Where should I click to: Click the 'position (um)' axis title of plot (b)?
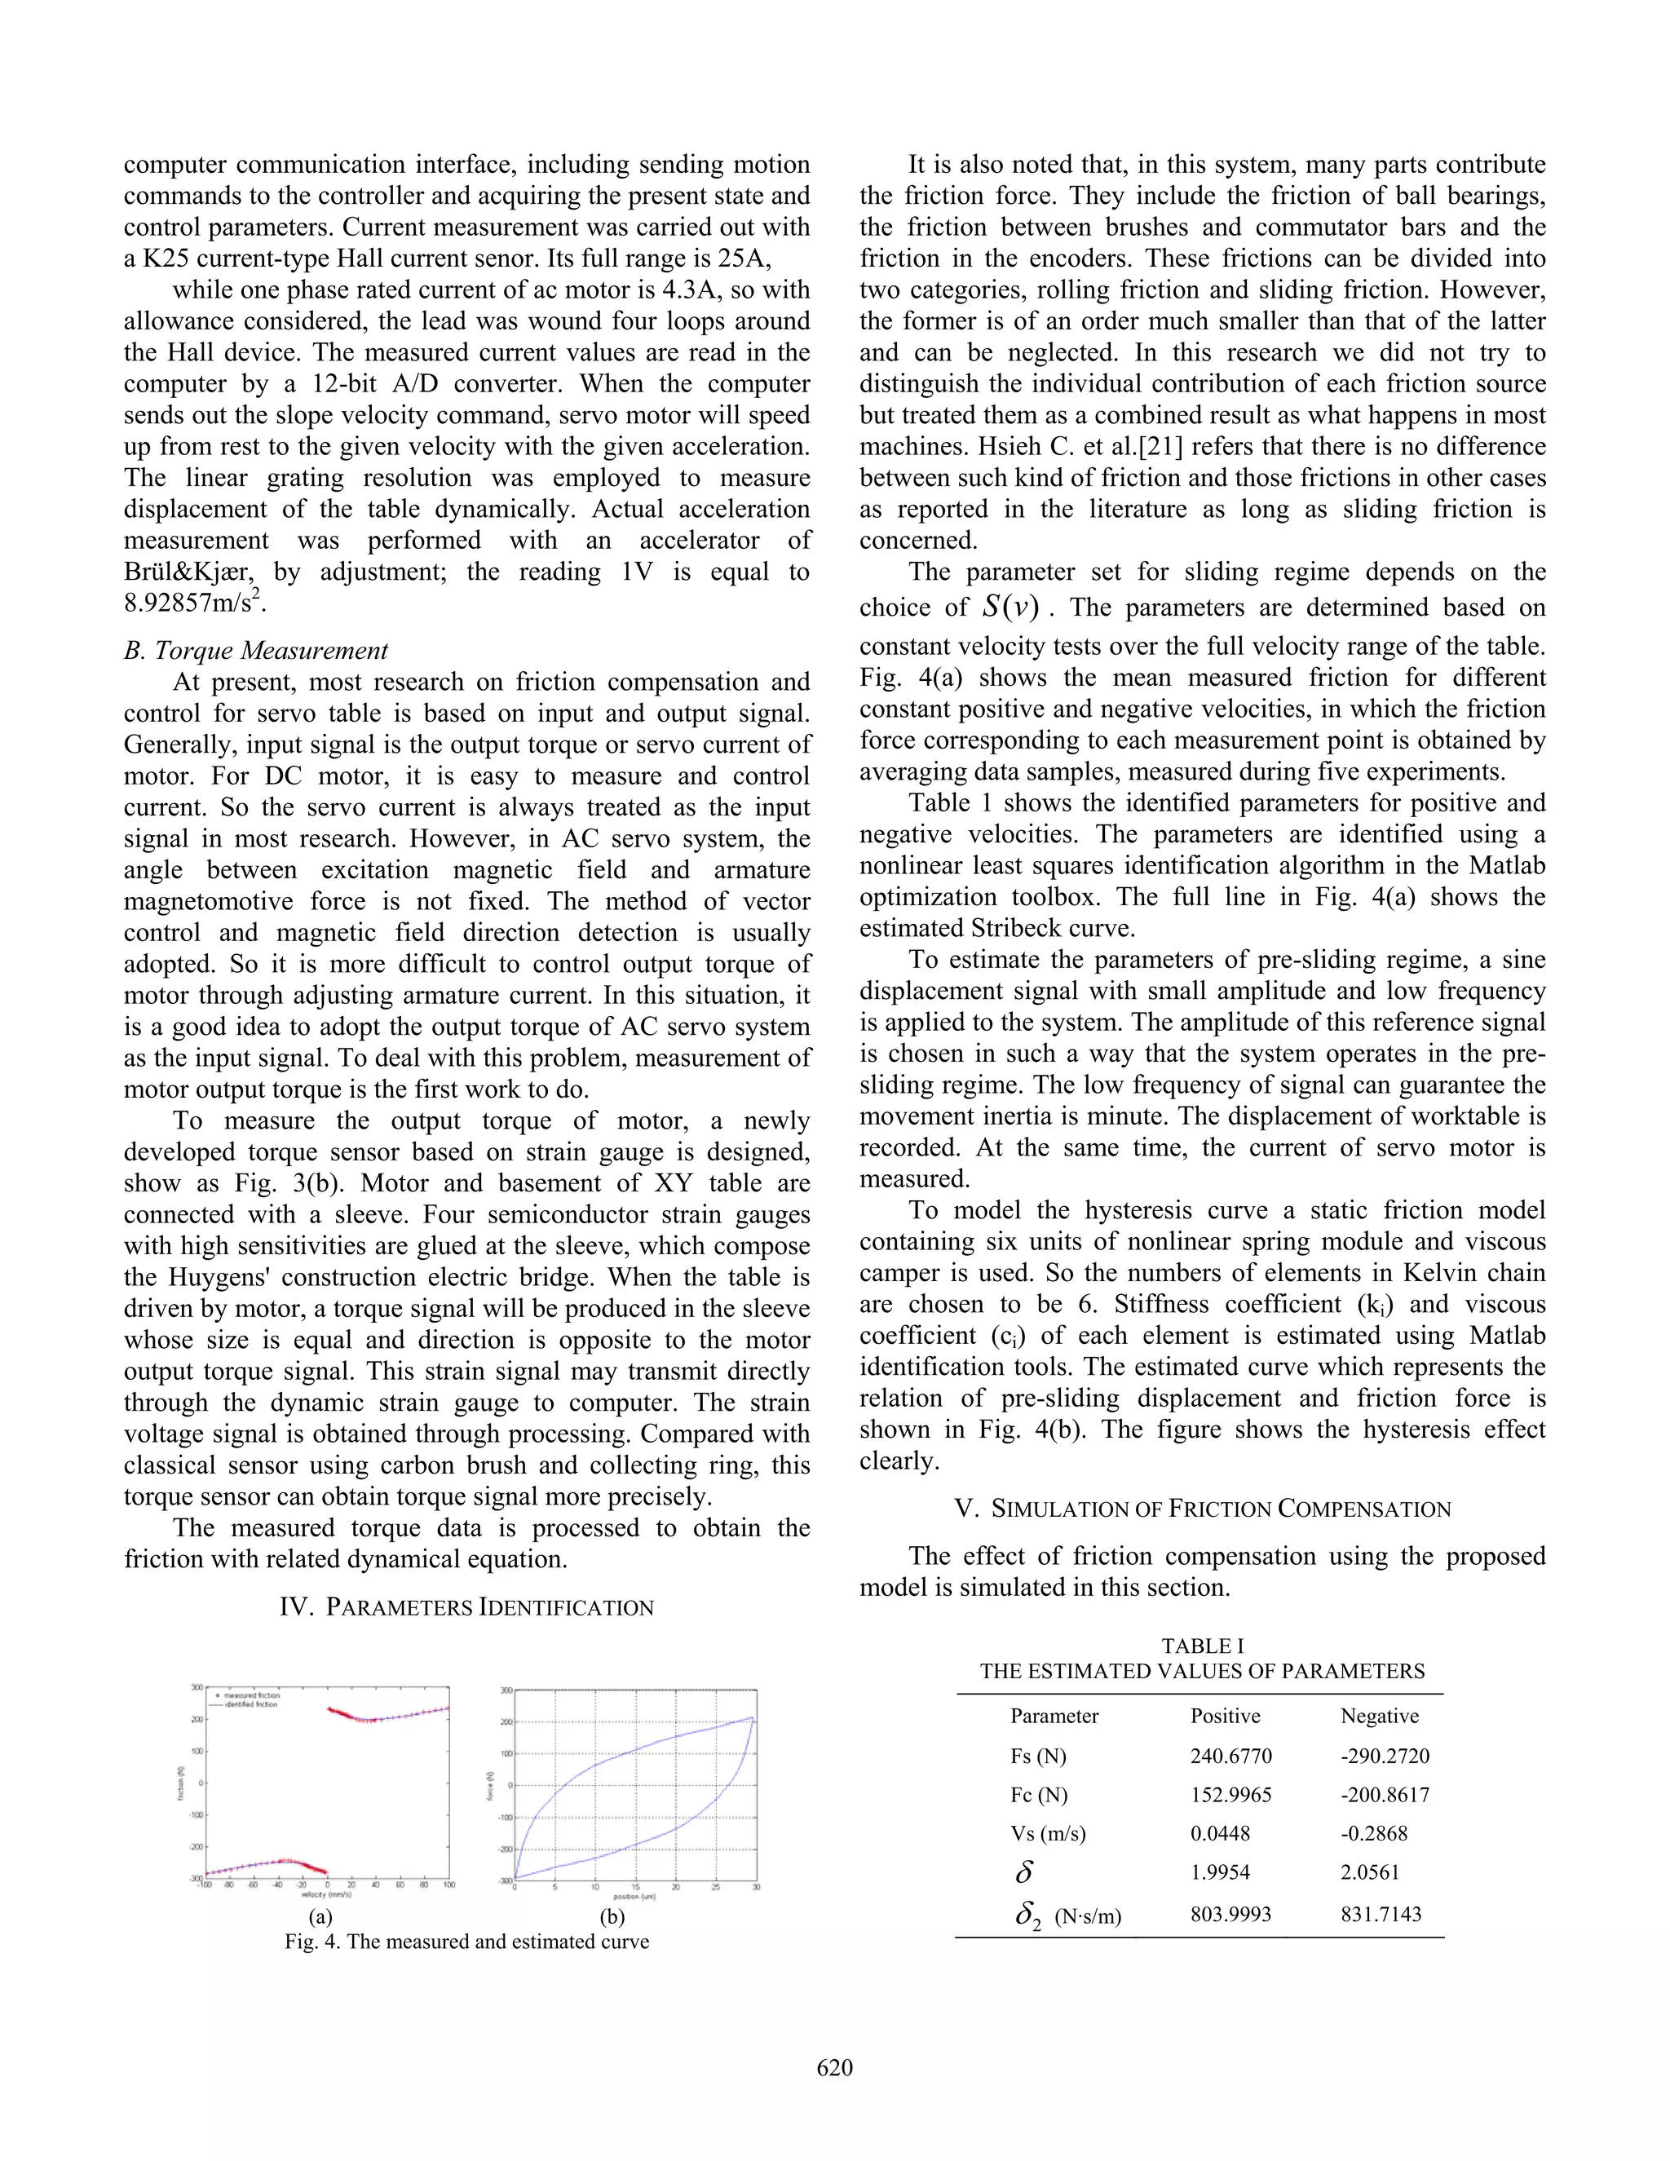(x=634, y=1897)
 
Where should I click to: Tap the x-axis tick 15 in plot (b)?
(x=635, y=1887)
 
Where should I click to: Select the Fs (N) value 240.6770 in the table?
(x=1230, y=1757)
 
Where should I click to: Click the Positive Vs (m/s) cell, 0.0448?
(x=1220, y=1833)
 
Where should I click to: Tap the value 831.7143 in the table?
(x=1381, y=1914)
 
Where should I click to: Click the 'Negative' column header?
(x=1379, y=1716)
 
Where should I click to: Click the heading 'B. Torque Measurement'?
(x=256, y=650)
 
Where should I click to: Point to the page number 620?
(x=834, y=2068)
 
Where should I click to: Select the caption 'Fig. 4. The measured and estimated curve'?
(x=467, y=1942)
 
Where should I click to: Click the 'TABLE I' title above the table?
(x=1202, y=1646)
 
